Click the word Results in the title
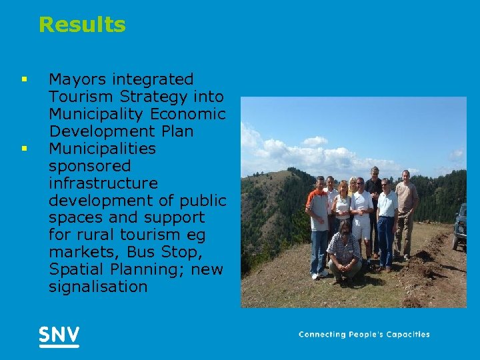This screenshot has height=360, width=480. tap(82, 25)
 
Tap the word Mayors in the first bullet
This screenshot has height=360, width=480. tap(75, 79)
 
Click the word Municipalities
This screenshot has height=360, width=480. tap(102, 149)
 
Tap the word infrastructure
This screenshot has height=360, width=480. tap(103, 183)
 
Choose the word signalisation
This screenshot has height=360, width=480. tap(98, 287)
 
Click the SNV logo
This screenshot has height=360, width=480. tap(59, 335)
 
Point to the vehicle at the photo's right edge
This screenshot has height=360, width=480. tap(459, 227)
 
